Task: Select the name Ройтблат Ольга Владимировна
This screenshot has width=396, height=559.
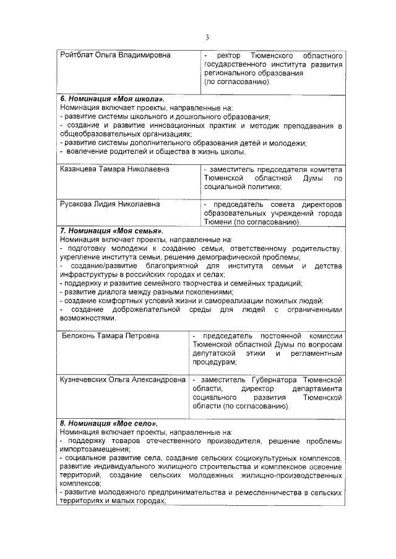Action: pos(114,56)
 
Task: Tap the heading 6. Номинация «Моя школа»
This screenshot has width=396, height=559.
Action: pos(112,99)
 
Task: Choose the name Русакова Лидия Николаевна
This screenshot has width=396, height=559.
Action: pos(110,204)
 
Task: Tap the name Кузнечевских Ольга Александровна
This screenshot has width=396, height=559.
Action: pos(123,380)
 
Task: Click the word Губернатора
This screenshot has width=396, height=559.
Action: pos(262,380)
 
